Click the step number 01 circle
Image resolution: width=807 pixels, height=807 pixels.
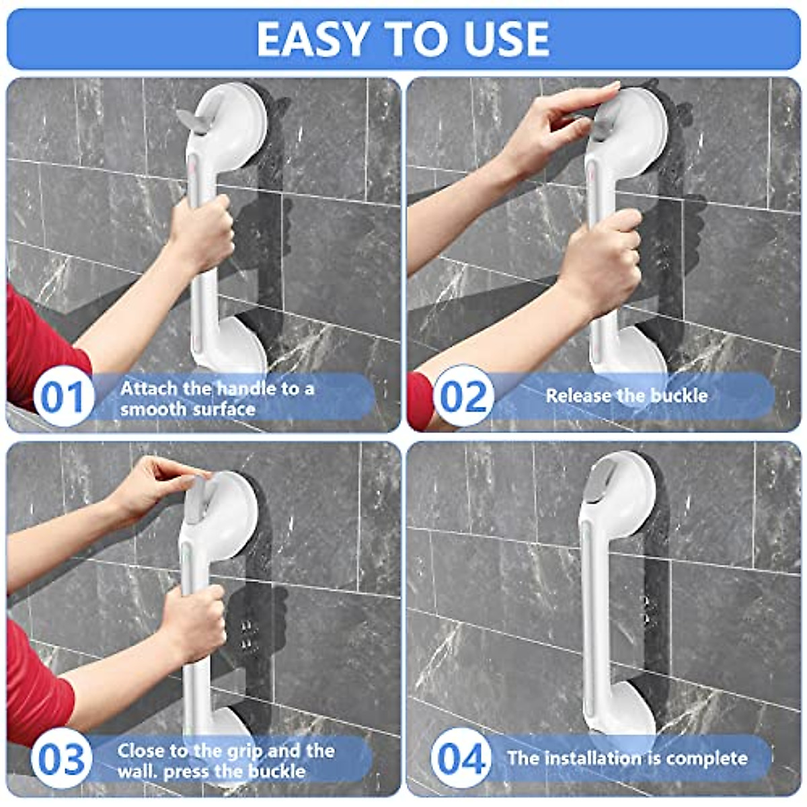[63, 397]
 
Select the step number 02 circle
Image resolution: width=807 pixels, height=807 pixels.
[463, 396]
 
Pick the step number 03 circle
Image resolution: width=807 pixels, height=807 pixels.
[61, 759]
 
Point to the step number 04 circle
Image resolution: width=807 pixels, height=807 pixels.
[461, 759]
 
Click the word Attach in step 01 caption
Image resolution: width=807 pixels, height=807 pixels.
[149, 388]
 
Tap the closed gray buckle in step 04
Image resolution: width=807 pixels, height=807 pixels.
[597, 482]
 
